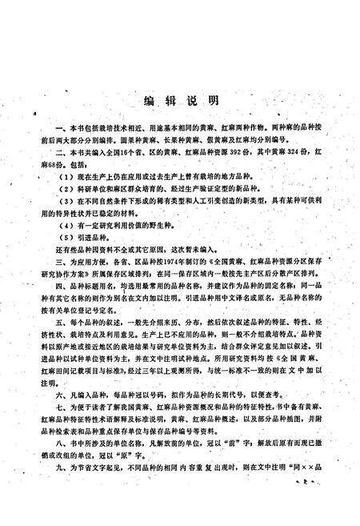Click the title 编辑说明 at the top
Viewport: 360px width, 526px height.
click(x=180, y=101)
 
